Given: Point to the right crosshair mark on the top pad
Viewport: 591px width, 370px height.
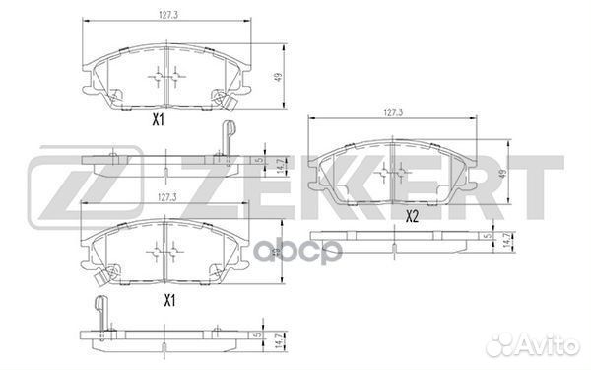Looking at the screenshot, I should pos(177,76).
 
